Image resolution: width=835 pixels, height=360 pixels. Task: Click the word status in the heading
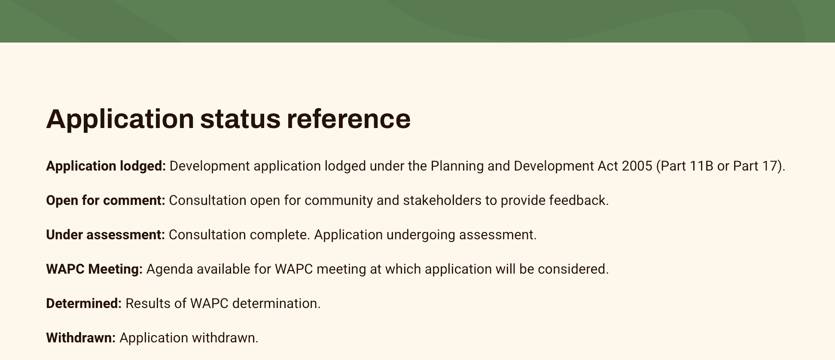pos(240,119)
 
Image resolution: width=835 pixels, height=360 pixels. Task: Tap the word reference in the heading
pos(349,119)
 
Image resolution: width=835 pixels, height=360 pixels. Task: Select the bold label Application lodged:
pos(106,166)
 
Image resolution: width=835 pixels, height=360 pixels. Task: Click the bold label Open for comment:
pos(106,201)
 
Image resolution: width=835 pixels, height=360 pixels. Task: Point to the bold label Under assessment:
pos(105,235)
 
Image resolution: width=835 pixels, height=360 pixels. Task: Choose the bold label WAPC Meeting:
pos(94,269)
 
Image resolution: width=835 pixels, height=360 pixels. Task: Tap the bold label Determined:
pos(84,304)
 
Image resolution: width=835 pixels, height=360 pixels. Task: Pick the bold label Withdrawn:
pos(81,338)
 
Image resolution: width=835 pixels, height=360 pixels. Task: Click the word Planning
pos(457,166)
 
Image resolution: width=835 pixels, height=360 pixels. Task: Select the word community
pos(338,201)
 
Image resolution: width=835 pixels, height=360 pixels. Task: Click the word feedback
pos(579,201)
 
